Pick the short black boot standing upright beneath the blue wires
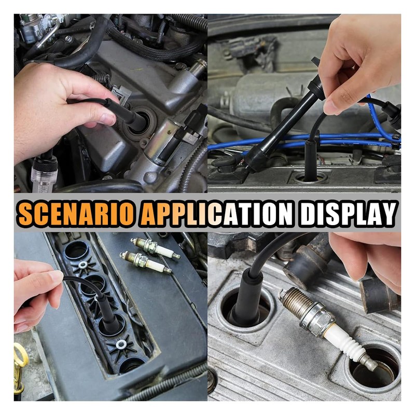pyautogui.click(x=311, y=156)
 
